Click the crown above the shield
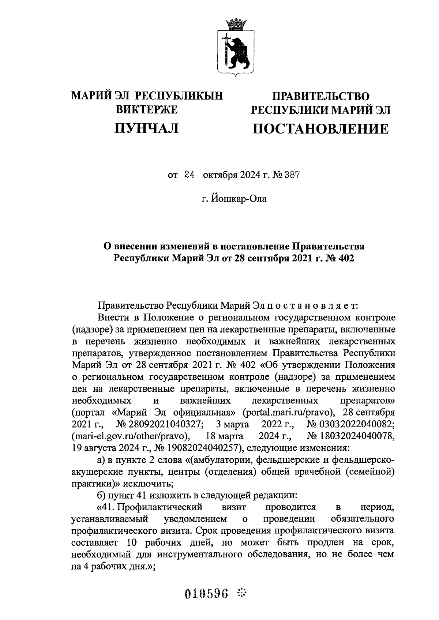pyautogui.click(x=234, y=25)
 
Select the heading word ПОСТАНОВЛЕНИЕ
pyautogui.click(x=320, y=129)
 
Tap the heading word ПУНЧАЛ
pyautogui.click(x=147, y=128)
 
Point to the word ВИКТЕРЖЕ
pyautogui.click(x=147, y=109)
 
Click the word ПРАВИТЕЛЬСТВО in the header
pyautogui.click(x=320, y=96)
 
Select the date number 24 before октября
pyautogui.click(x=189, y=175)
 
